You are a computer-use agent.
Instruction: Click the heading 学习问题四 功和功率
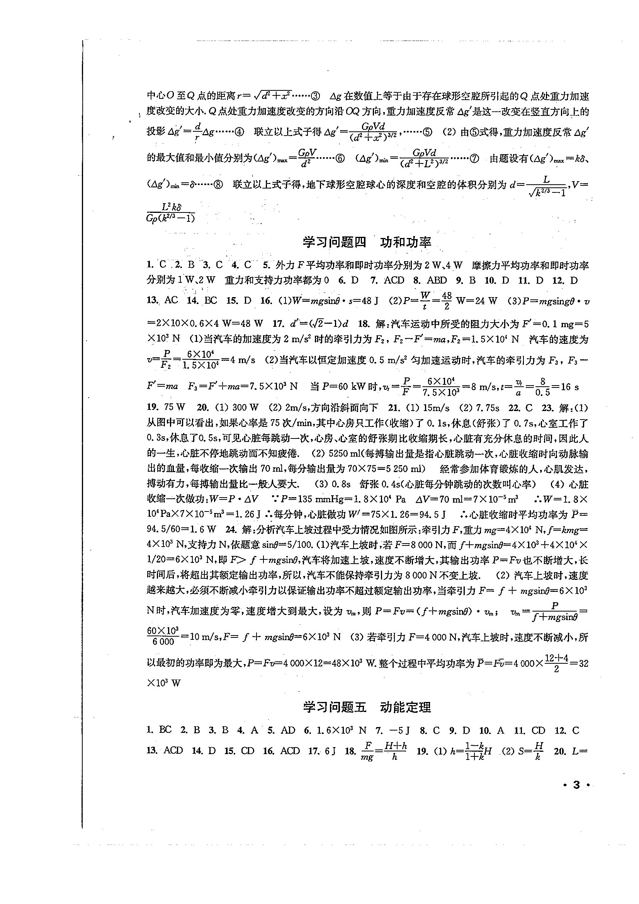(367, 242)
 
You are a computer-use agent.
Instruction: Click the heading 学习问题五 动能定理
(367, 707)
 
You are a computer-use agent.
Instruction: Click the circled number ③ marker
(316, 96)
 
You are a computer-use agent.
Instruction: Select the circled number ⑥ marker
(340, 159)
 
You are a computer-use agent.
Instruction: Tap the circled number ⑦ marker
(474, 159)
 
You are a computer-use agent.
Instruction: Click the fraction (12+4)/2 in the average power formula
(556, 663)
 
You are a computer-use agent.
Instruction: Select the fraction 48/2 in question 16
(447, 301)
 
